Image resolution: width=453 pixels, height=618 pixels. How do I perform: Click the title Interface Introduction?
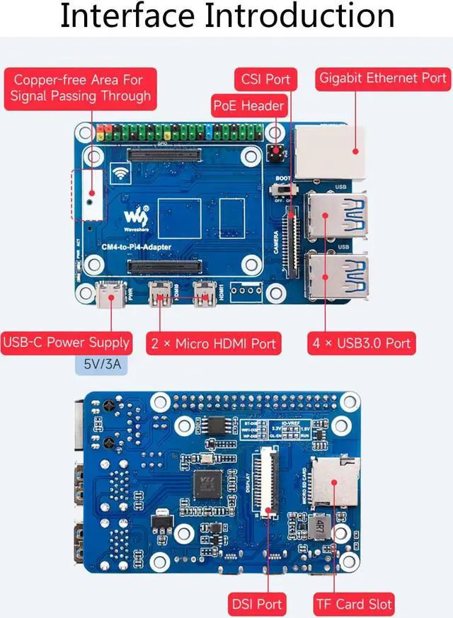click(226, 17)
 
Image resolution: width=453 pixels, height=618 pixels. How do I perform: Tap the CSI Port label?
click(265, 79)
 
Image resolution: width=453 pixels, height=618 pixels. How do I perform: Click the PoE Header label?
click(248, 106)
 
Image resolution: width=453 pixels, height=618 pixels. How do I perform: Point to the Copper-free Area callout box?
click(81, 88)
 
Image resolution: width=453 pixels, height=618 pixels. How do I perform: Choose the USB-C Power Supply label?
click(67, 343)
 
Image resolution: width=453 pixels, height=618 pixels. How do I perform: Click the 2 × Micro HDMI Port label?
click(213, 344)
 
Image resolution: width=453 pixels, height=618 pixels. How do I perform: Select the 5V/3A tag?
click(101, 367)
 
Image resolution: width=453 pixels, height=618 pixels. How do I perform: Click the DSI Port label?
click(256, 604)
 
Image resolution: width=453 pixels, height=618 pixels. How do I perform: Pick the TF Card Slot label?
click(354, 604)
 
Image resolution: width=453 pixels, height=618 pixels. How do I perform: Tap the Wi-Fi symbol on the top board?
click(120, 173)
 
